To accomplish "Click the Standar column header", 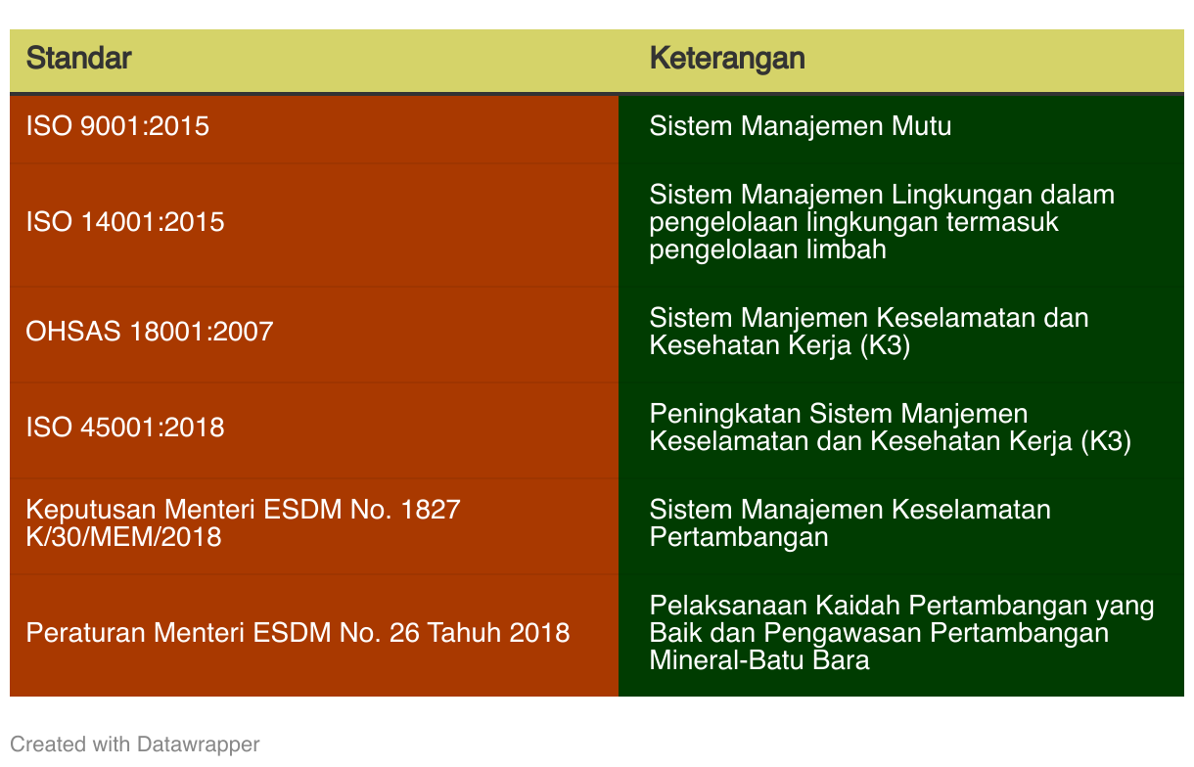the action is pos(78,58).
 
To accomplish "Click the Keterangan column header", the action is pos(726,58).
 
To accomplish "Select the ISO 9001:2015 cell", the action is pos(117,126).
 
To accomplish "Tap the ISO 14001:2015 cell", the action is pos(125,222).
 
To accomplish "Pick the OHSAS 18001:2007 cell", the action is pos(149,331).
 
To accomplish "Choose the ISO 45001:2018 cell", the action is pos(125,427).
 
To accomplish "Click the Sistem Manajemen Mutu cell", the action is pos(801,126).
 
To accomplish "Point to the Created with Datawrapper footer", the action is pos(134,744).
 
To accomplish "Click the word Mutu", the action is pos(922,126).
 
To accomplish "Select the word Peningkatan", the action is pos(725,414).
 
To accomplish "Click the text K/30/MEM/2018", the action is pos(123,537).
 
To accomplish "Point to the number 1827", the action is pos(431,510).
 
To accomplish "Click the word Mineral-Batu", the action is pos(726,660).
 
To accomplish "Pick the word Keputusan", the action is pos(91,510).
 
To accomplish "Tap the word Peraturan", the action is pos(86,633).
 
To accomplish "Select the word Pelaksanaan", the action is pos(728,606).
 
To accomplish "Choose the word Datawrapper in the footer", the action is pos(199,744).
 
